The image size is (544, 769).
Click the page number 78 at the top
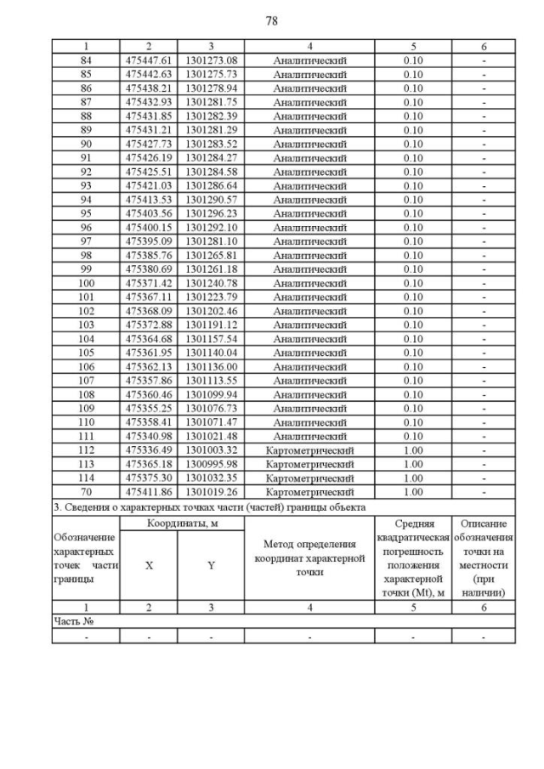272,20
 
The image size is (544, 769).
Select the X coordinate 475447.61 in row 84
149,60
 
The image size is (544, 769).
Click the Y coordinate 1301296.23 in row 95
211,213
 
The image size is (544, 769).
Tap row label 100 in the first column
86,283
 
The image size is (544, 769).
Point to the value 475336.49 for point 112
149,450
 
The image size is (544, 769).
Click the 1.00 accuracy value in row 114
413,478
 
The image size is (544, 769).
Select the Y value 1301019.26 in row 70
211,492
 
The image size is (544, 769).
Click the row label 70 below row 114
86,492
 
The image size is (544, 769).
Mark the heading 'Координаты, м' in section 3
182,523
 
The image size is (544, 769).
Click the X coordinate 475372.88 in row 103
149,325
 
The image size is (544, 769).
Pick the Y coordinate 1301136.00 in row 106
211,366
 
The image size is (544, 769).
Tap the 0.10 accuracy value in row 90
413,144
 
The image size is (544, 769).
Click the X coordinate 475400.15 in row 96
149,227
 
